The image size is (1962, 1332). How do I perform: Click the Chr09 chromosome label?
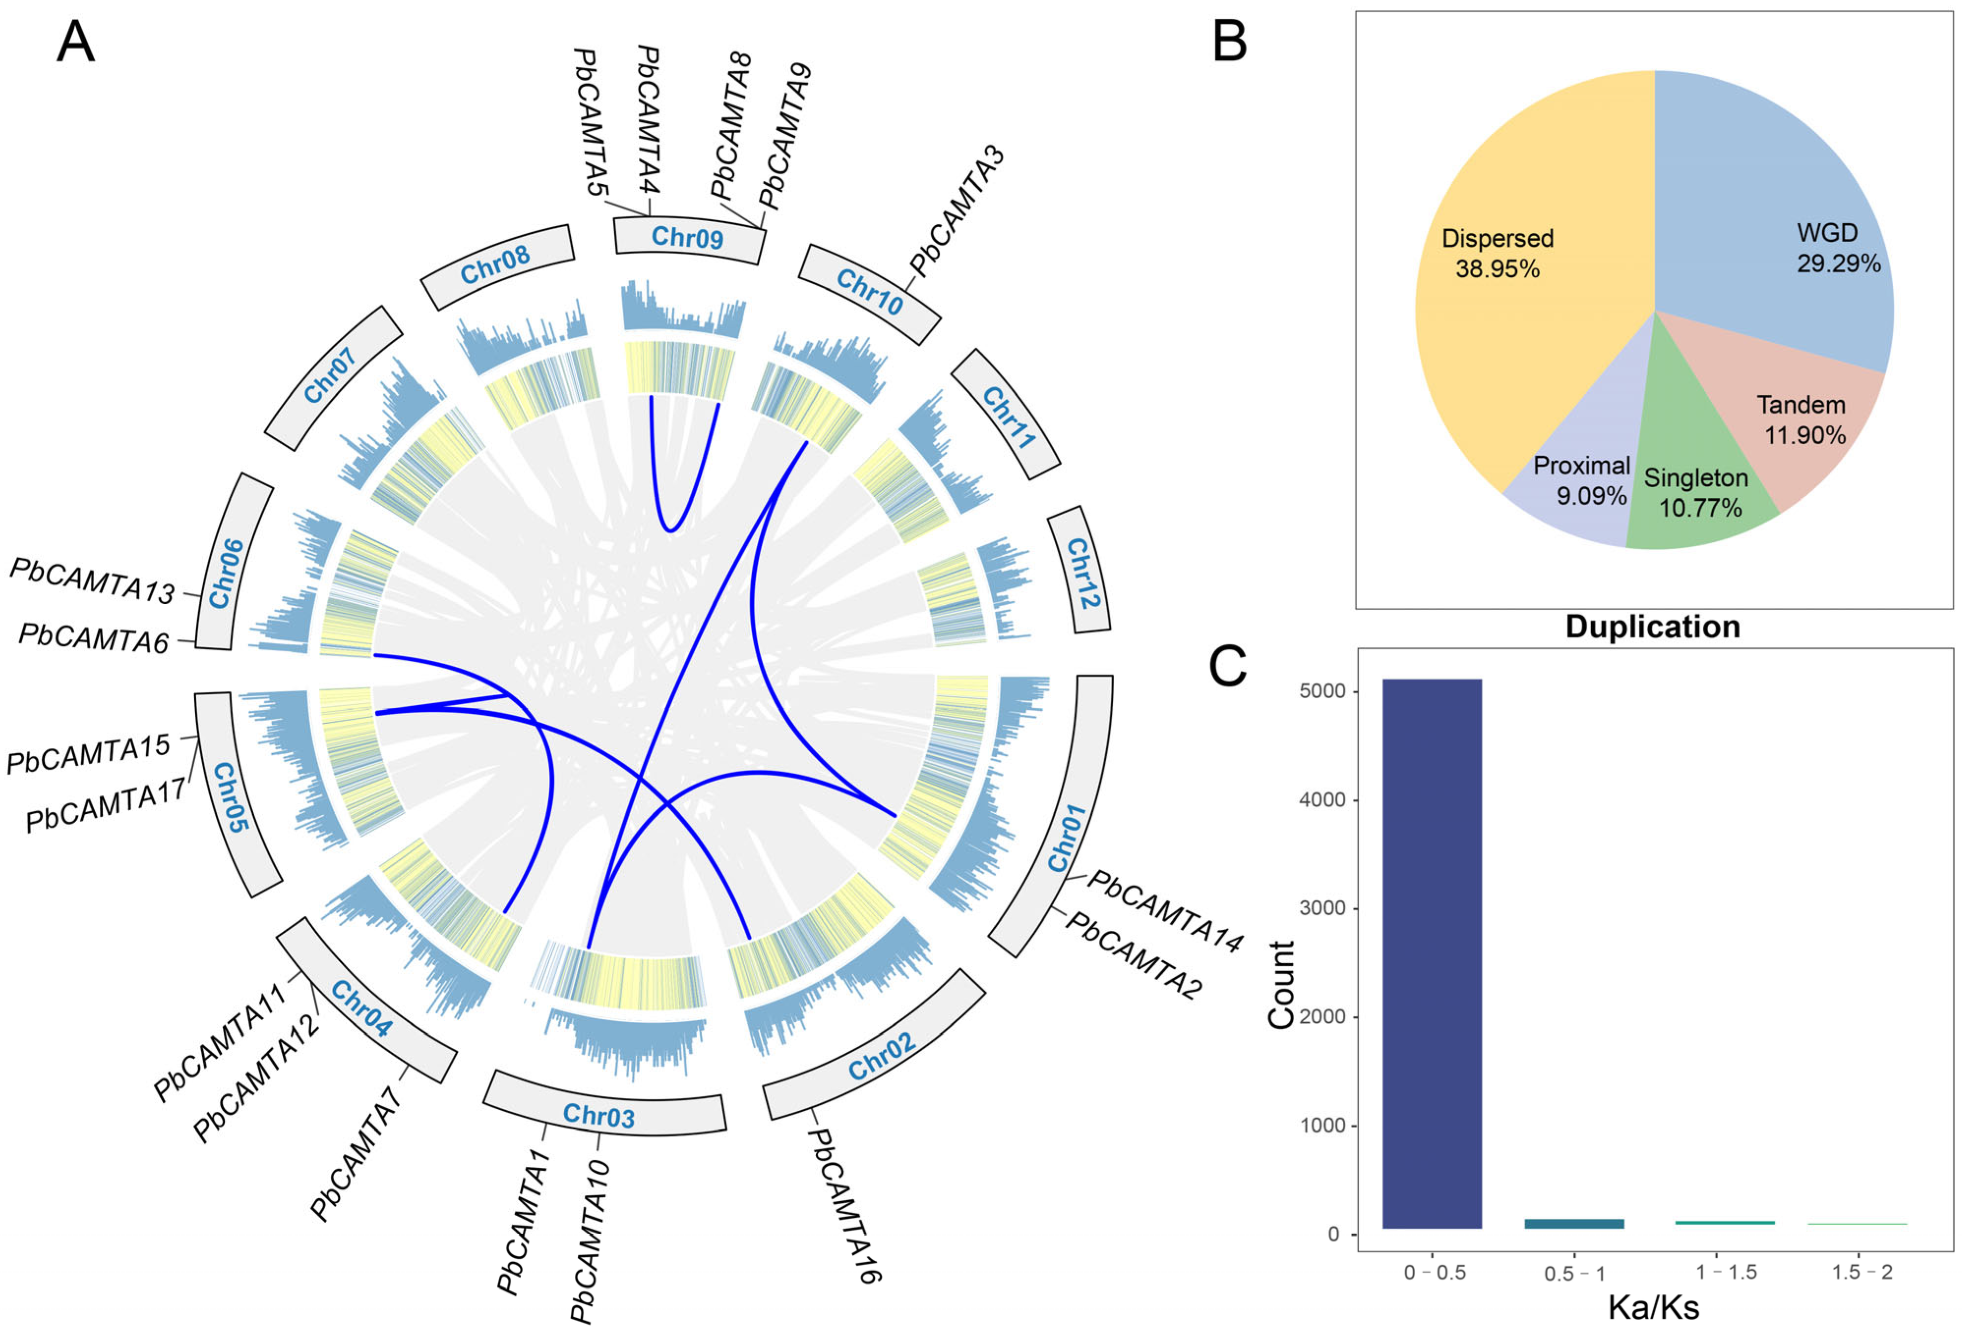(687, 237)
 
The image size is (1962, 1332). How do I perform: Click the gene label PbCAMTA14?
(1165, 911)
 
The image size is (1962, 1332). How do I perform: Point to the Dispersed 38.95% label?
(1498, 253)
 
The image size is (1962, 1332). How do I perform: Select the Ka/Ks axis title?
(1653, 1306)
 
